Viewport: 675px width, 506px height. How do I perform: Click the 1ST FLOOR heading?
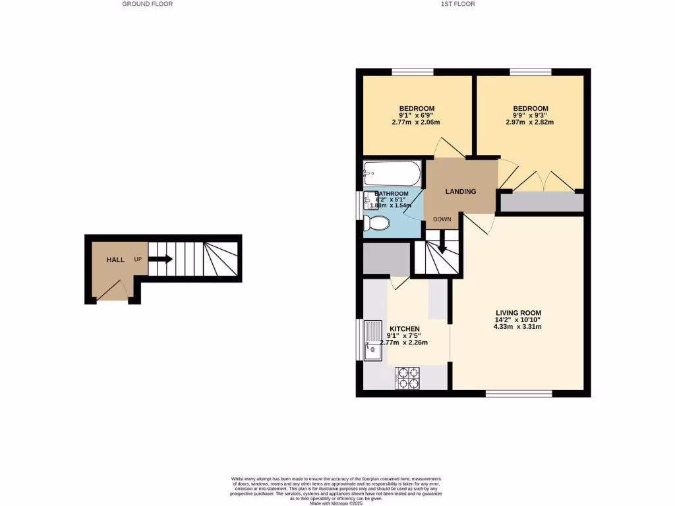458,4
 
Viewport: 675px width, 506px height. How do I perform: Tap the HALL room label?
116,260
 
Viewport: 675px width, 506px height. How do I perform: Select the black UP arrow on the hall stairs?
160,260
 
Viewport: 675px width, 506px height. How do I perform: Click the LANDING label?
461,192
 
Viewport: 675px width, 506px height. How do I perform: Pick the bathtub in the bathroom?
392,175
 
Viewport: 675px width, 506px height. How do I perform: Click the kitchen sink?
373,340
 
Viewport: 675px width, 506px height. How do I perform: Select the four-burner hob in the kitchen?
408,379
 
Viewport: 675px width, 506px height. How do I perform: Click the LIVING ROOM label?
517,313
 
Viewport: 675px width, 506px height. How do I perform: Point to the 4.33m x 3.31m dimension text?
517,326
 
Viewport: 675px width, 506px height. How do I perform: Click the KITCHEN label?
404,329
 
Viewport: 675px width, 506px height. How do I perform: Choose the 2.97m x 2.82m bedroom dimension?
530,122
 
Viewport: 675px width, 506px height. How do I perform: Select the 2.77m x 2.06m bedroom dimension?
417,122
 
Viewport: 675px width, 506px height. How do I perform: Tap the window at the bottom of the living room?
519,394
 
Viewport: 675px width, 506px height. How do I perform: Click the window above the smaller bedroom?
413,72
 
